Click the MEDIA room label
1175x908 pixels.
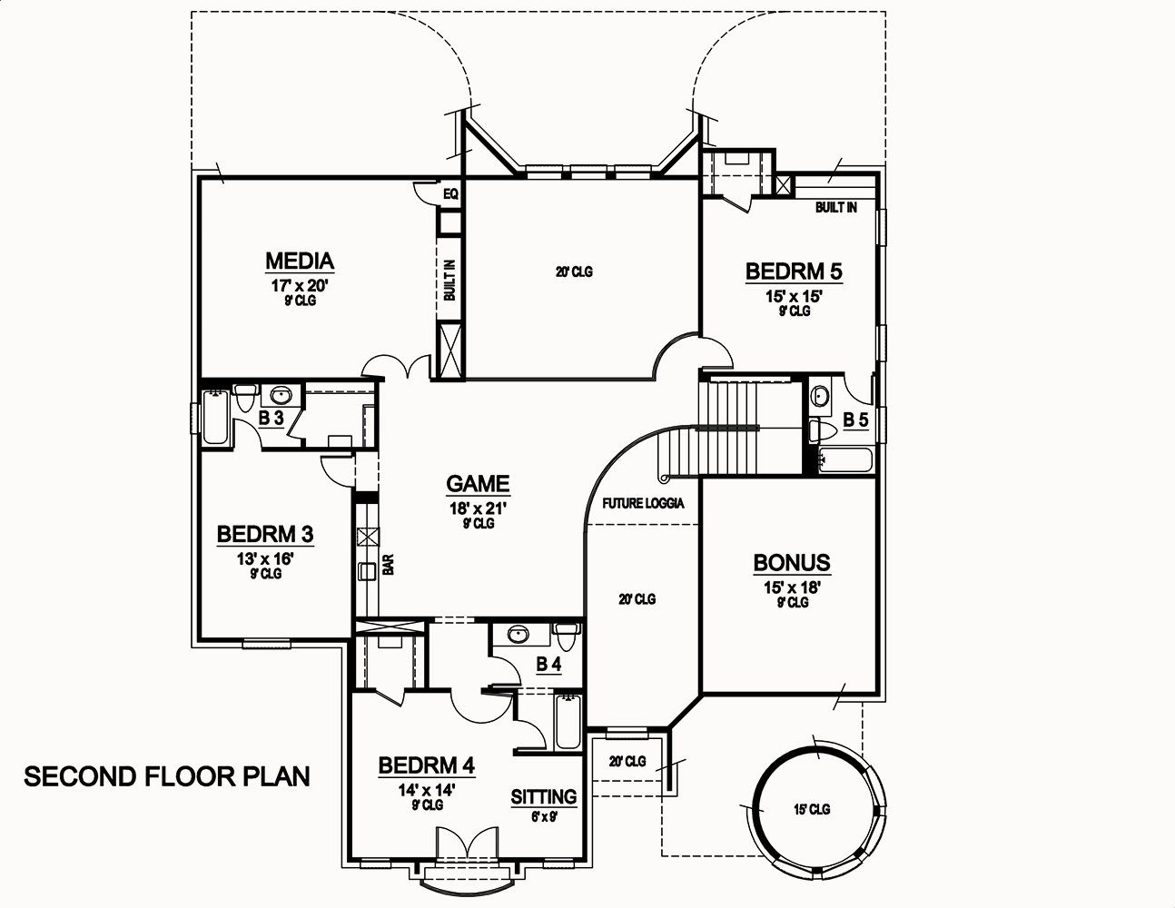(x=300, y=262)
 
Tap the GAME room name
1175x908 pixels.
(x=478, y=484)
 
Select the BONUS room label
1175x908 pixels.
(x=792, y=563)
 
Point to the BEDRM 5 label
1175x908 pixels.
(x=794, y=271)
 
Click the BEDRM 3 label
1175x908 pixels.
(x=265, y=533)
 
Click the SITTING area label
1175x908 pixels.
(x=544, y=797)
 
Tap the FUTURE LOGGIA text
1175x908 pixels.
(x=643, y=503)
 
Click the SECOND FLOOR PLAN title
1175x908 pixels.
(x=167, y=777)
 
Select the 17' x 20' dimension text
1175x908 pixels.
(x=299, y=285)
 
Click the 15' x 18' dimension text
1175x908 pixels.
(x=792, y=587)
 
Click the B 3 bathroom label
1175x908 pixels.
(x=272, y=419)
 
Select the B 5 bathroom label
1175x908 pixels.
(x=854, y=419)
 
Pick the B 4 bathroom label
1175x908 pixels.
(x=548, y=666)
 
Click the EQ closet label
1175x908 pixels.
(x=450, y=193)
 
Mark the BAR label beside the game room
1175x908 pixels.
(x=388, y=566)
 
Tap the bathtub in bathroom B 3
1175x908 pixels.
(x=214, y=418)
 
